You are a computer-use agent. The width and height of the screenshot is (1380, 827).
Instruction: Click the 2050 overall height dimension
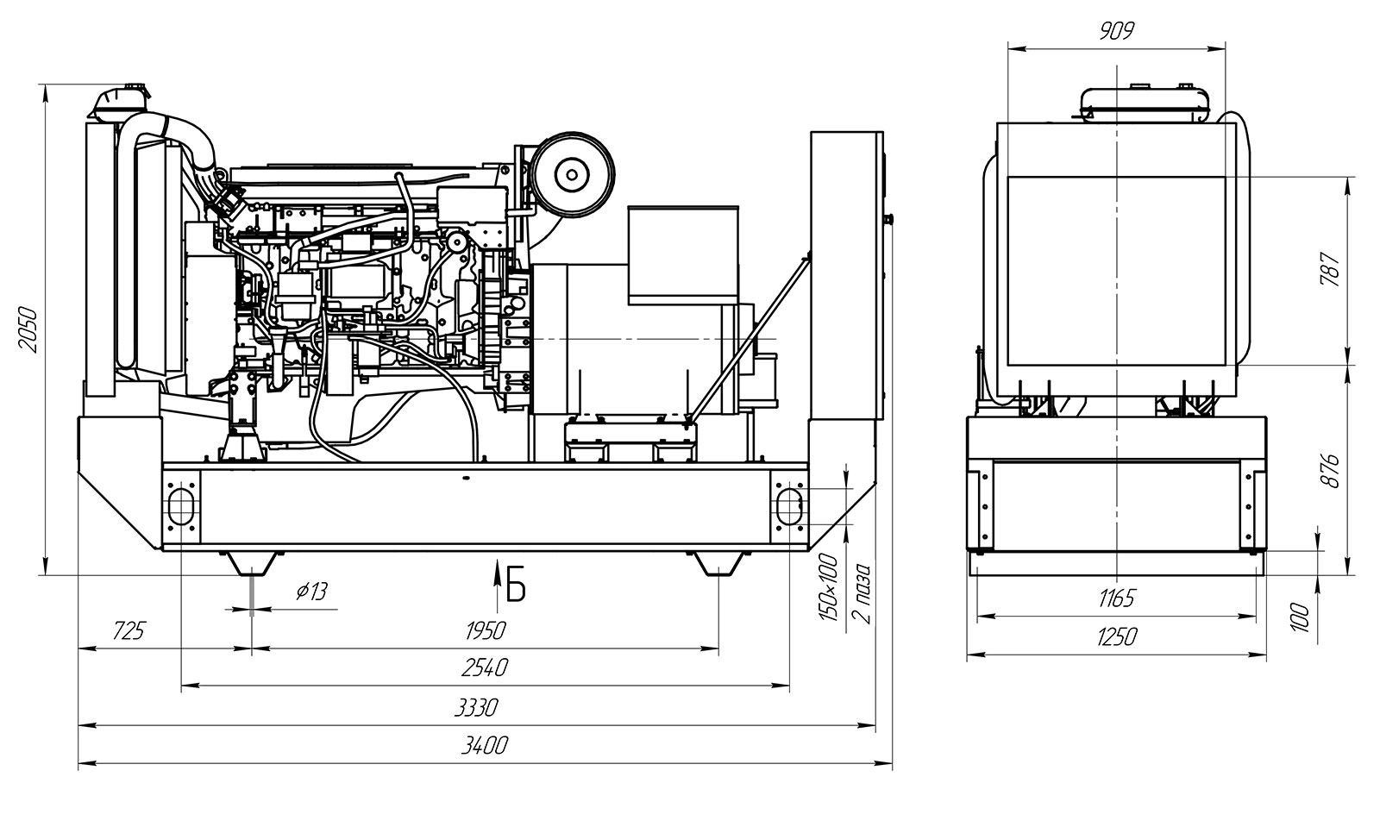tap(28, 330)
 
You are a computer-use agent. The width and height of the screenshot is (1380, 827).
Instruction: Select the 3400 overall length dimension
tap(484, 746)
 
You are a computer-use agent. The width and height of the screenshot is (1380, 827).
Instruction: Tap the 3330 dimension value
tap(475, 707)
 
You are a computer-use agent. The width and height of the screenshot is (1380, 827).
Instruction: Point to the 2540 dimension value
tap(484, 668)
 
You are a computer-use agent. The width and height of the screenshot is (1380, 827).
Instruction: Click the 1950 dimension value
tap(486, 630)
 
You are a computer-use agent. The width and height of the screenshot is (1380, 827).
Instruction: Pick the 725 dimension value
tap(129, 630)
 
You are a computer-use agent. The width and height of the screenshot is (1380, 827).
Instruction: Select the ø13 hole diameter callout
tap(311, 592)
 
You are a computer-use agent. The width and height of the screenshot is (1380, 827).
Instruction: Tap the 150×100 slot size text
tap(829, 588)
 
